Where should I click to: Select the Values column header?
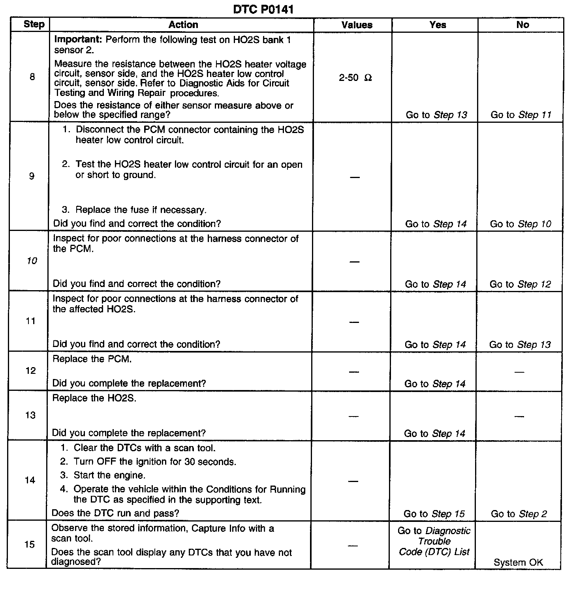point(357,25)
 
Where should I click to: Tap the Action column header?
point(183,25)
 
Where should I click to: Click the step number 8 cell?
point(32,77)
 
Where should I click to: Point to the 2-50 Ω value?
point(355,78)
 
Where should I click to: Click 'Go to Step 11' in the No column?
point(521,115)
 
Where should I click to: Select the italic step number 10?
point(32,261)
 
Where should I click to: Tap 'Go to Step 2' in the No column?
point(519,514)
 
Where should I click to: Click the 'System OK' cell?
point(518,563)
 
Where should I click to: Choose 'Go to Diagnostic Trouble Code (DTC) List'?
point(434,541)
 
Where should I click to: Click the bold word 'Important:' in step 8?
point(79,39)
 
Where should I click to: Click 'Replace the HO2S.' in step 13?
point(94,398)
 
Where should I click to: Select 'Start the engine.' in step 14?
point(109,475)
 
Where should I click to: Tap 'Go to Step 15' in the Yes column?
point(434,514)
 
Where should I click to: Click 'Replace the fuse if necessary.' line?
point(141,210)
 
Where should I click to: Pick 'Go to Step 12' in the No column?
point(520,284)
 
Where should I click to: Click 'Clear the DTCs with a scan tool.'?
point(144,448)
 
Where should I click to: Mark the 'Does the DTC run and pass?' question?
point(115,513)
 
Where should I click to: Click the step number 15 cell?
point(30,544)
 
